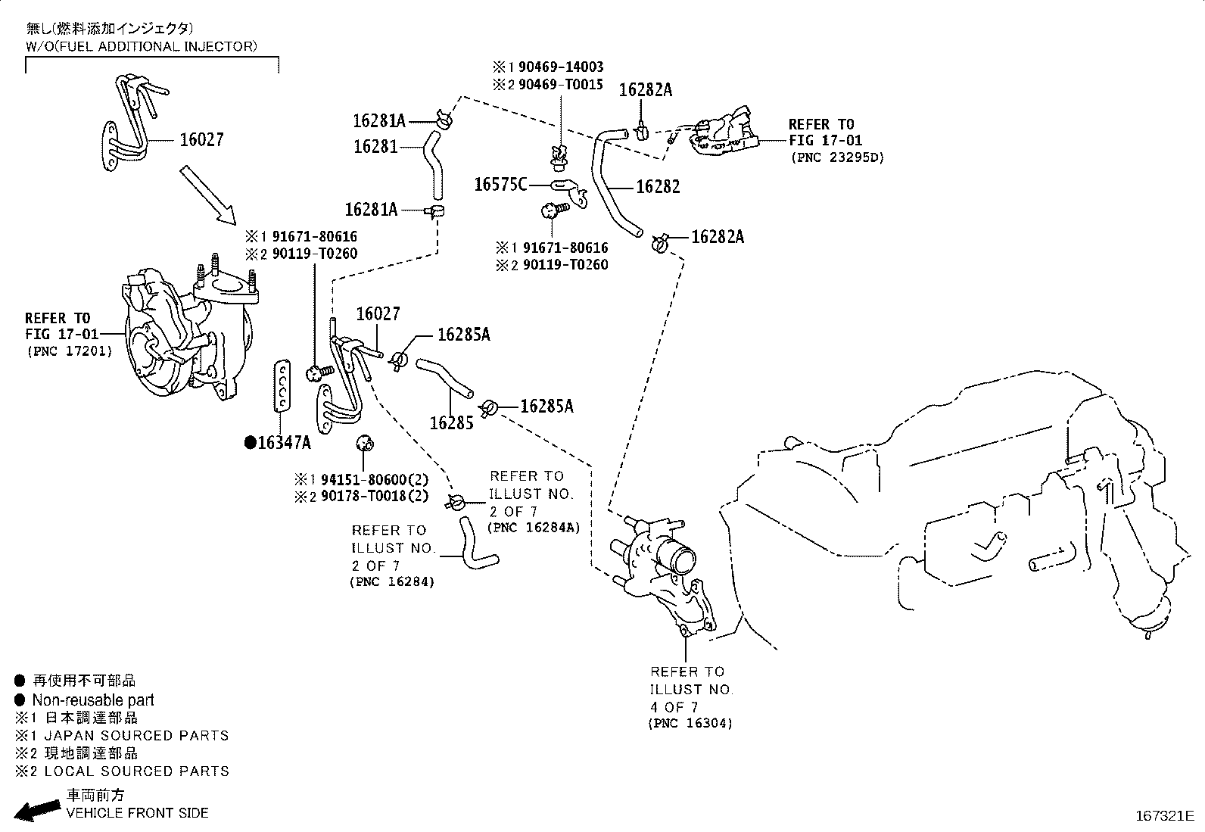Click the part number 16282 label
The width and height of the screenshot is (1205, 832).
pos(658,187)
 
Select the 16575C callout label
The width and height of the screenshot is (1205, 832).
pos(500,185)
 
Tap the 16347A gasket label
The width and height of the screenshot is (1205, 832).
pos(278,443)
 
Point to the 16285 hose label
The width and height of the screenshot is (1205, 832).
pos(451,423)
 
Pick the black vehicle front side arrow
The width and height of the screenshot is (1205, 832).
pos(37,810)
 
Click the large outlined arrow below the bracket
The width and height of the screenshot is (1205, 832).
pos(207,195)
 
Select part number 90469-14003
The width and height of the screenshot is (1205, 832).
pos(561,67)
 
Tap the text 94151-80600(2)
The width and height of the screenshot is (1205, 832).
pos(375,479)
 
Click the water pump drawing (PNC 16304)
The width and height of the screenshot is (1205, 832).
pos(665,576)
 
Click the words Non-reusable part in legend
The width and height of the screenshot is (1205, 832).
pos(93,700)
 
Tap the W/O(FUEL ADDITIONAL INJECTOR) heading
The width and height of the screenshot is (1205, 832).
pos(142,47)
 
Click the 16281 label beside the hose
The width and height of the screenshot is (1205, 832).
pos(375,147)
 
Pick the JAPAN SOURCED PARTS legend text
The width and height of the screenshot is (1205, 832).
pos(137,736)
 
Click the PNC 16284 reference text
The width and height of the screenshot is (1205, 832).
pos(392,581)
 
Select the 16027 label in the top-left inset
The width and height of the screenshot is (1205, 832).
pos(202,140)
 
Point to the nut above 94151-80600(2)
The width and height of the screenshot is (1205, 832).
pos(365,444)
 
